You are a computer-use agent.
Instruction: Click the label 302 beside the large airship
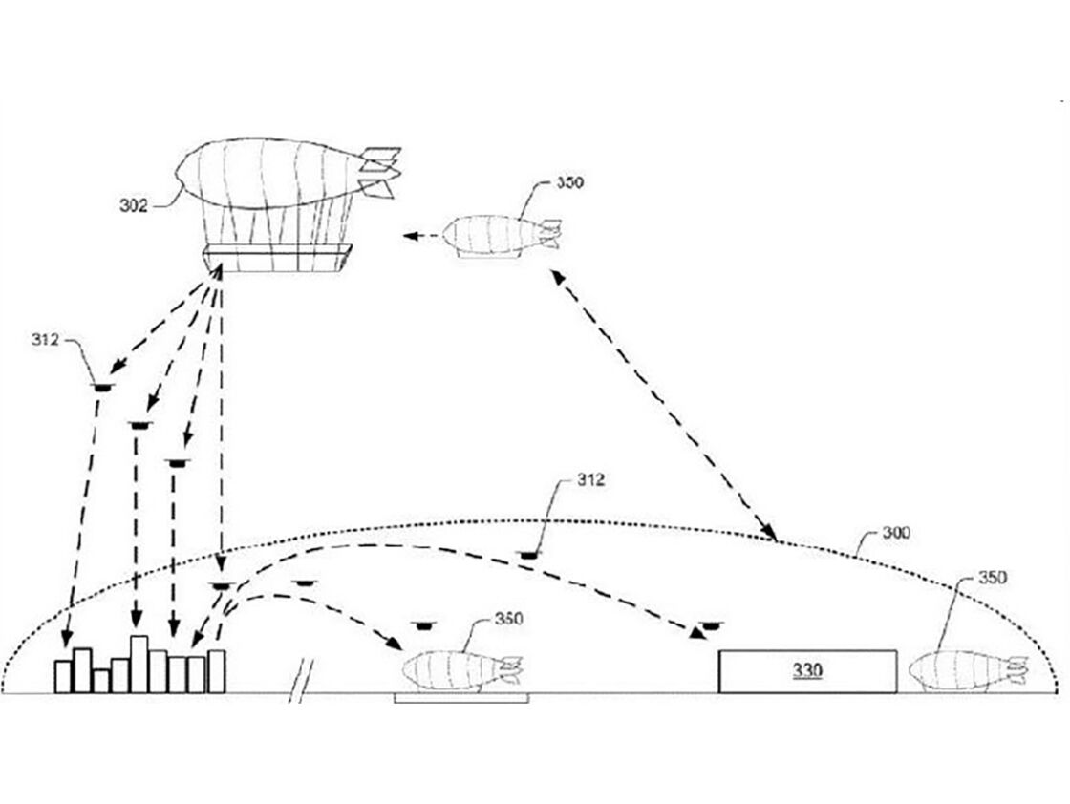coord(133,205)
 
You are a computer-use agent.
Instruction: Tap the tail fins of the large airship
coord(379,172)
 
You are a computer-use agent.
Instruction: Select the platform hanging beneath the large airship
coord(277,258)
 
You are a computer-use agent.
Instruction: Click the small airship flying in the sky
coord(502,236)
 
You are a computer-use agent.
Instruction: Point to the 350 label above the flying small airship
coord(569,182)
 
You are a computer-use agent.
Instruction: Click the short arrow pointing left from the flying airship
coord(421,236)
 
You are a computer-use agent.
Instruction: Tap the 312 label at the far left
coord(45,339)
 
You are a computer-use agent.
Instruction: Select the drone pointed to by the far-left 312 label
coord(101,388)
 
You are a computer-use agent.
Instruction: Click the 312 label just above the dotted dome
coord(590,479)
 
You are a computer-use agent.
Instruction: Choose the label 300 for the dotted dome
coord(895,533)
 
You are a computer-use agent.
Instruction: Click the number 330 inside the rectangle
coord(807,671)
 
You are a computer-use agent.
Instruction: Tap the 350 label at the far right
coord(993,578)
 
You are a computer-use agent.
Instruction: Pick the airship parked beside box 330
coord(968,671)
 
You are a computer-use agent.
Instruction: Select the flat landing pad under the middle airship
coord(461,698)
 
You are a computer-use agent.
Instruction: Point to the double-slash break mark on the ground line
coord(300,681)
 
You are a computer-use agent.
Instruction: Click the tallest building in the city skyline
coord(139,665)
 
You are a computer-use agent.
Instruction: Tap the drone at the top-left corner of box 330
coord(711,624)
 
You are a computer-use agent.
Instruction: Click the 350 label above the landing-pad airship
coord(508,619)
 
